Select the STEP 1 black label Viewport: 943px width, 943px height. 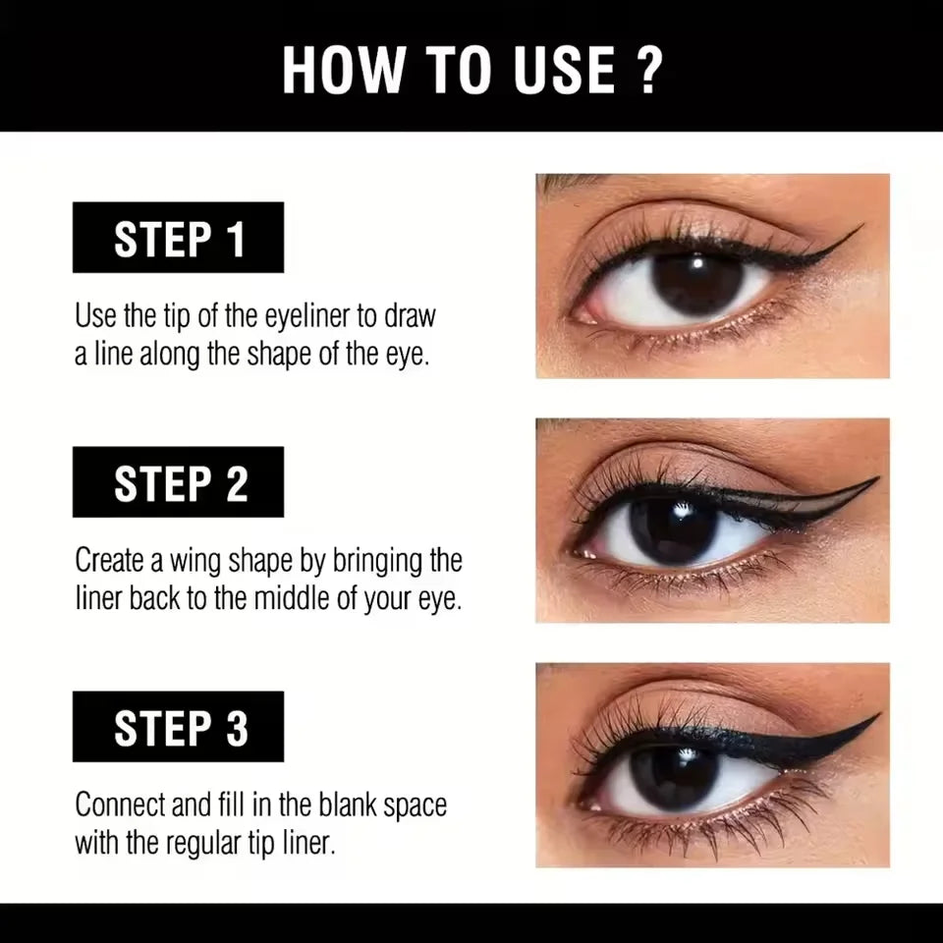click(x=178, y=238)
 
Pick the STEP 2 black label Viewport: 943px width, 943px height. click(x=178, y=482)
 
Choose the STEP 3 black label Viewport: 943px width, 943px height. click(x=178, y=727)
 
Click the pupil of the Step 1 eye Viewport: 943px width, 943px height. click(x=698, y=283)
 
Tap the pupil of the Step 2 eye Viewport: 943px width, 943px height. click(x=675, y=528)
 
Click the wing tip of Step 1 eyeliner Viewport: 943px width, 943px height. click(x=857, y=230)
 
